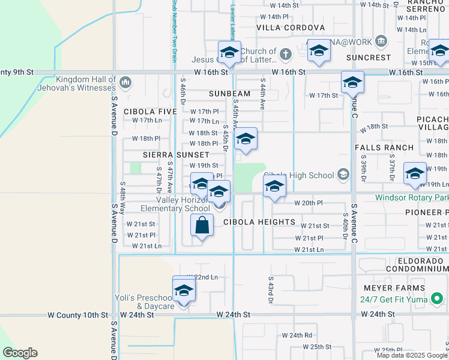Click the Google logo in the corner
coord(20,353)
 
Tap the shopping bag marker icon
coord(202,226)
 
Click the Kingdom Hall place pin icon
coord(125,82)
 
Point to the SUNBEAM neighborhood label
coord(229,94)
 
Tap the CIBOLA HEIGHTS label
coord(259,222)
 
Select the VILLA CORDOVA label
coord(291,28)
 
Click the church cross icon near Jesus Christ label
coord(286,54)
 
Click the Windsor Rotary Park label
coord(412,197)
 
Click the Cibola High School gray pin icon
coord(343,175)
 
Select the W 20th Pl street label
coord(309,203)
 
